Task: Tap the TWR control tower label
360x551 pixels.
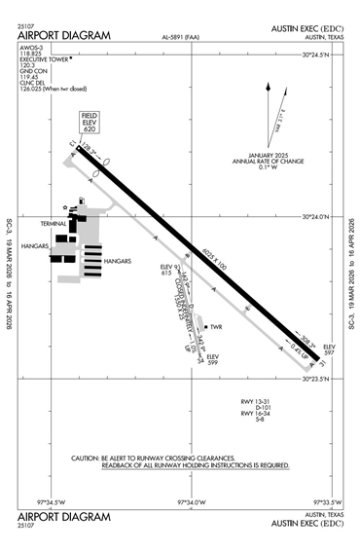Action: (x=216, y=327)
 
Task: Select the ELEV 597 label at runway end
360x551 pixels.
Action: (x=329, y=350)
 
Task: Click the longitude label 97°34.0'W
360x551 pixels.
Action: (x=191, y=502)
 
